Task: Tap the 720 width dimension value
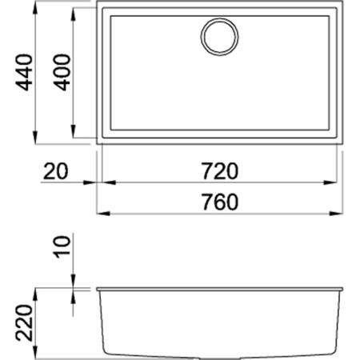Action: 221,170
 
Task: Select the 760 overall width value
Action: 221,202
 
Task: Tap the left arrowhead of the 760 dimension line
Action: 101,214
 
